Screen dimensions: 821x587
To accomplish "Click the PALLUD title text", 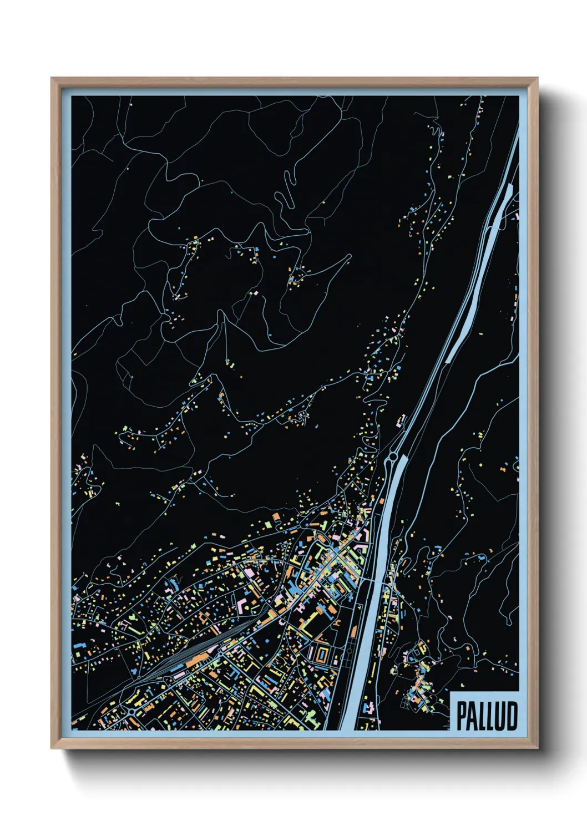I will click(487, 715).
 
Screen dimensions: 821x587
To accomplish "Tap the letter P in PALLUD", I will click(462, 715).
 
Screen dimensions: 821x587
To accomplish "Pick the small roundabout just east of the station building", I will click(220, 655).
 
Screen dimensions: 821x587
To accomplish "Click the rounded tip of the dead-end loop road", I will click(349, 256).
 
